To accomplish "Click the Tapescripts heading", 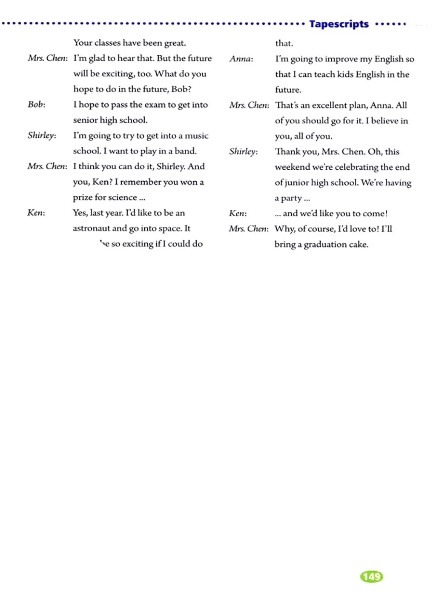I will tap(339, 24).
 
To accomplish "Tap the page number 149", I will tap(371, 576).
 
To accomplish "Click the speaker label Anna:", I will tap(241, 59).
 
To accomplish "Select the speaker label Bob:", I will tap(36, 104).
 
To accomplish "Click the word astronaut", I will tap(91, 228).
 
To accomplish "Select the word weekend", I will tap(292, 167).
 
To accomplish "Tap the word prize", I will tap(83, 197).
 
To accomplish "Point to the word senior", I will tap(85, 120).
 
